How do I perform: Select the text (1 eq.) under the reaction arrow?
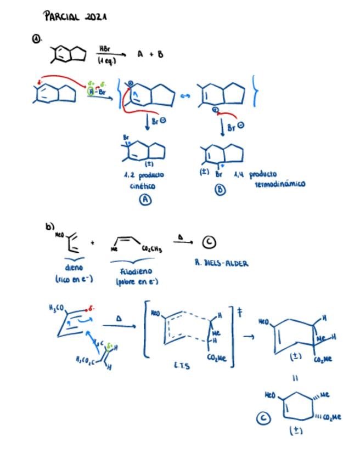(x=107, y=61)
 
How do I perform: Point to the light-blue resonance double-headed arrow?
(x=185, y=97)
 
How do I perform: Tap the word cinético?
(x=143, y=186)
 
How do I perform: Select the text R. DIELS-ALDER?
(x=221, y=263)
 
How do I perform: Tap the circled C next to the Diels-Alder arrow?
(x=209, y=242)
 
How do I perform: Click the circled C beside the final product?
(x=263, y=418)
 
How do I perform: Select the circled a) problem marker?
(x=36, y=39)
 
